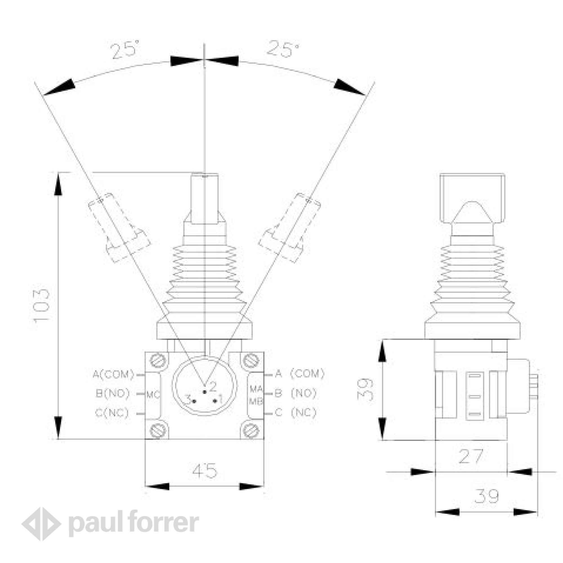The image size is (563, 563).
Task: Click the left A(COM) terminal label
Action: click(x=113, y=374)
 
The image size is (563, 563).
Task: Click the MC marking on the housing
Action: click(x=153, y=395)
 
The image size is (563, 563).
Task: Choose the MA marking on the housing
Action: click(x=256, y=389)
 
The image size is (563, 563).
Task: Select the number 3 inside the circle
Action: click(x=189, y=400)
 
